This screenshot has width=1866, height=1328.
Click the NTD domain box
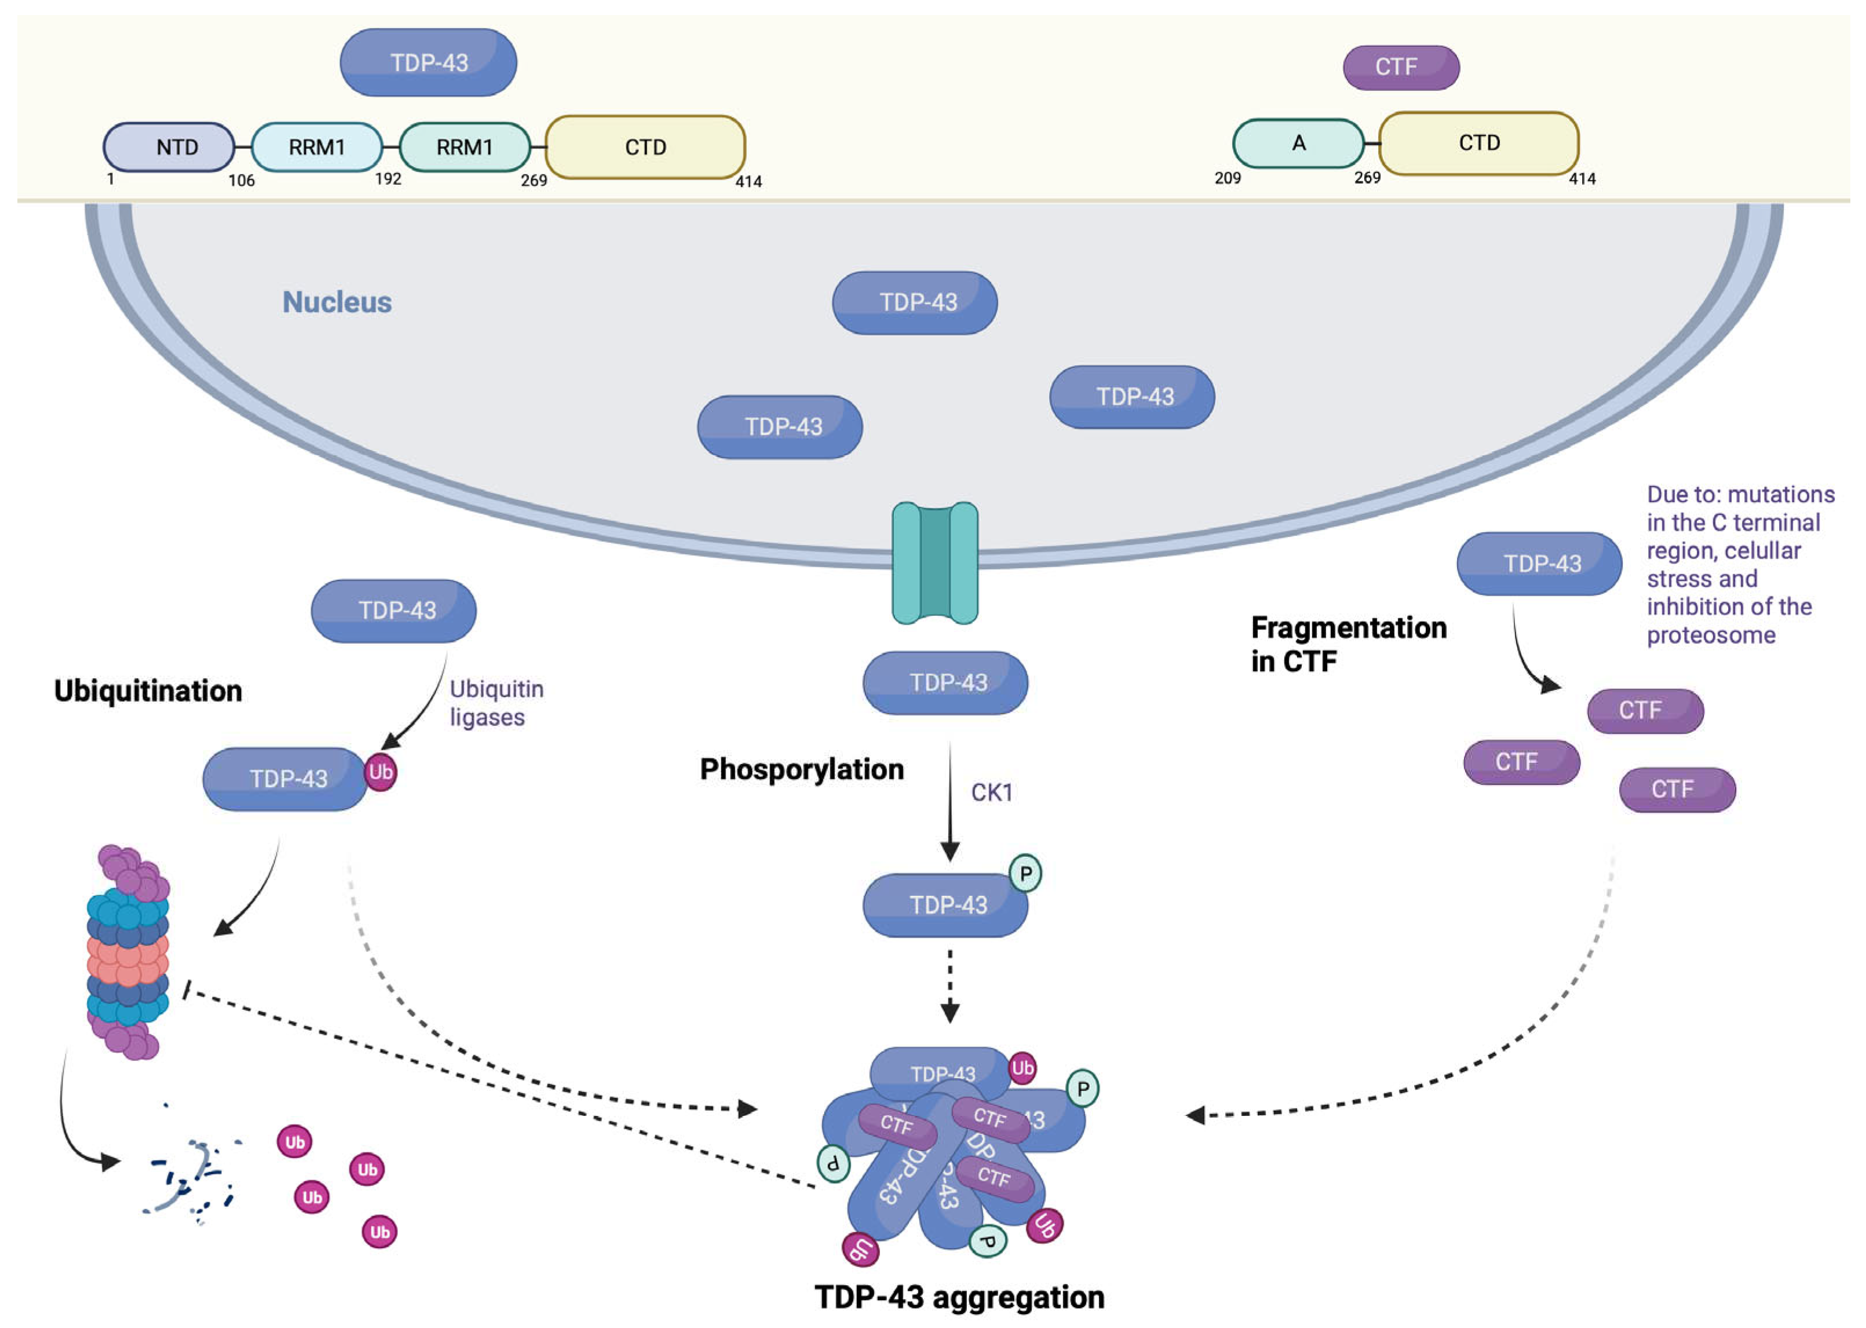click(169, 147)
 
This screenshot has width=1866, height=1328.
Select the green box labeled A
click(1297, 144)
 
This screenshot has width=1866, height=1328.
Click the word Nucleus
click(337, 302)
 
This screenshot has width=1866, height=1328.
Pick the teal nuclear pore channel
click(934, 563)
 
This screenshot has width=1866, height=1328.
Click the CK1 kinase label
click(991, 793)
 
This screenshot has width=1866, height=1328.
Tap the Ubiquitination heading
click(148, 691)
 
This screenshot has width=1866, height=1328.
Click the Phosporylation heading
click(801, 769)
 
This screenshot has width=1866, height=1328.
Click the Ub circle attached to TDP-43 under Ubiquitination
click(380, 772)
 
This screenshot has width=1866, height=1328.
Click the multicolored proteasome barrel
click(129, 953)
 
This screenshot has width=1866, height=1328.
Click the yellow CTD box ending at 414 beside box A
click(1478, 144)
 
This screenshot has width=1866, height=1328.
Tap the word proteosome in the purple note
click(1711, 636)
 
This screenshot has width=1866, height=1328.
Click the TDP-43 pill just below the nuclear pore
click(945, 683)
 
